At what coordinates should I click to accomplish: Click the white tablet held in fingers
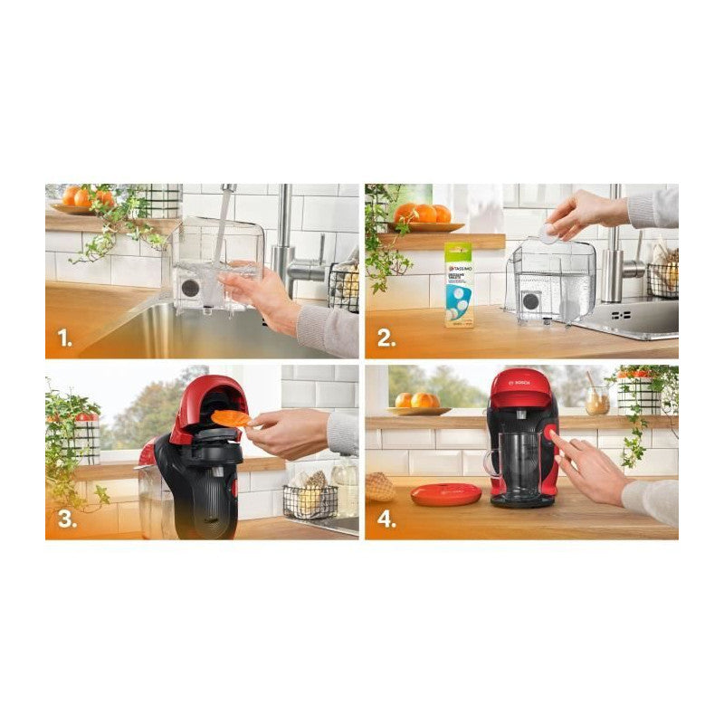coord(548,232)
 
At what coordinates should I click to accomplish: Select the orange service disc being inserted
coord(231,418)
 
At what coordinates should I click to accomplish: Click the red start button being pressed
coord(550,436)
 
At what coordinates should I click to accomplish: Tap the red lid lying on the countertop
coord(445,494)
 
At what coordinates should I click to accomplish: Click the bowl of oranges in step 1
coord(83,201)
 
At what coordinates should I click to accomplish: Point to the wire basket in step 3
coord(310,500)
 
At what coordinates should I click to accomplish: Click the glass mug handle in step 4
coord(491,463)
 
